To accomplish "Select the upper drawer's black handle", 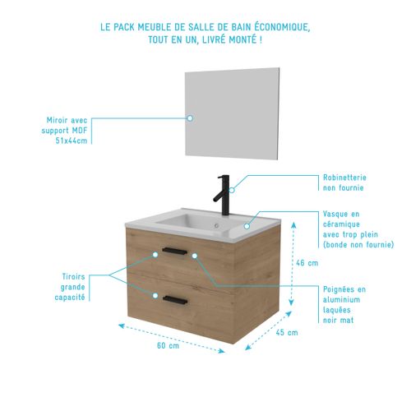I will (x=177, y=251).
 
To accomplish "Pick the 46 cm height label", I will (x=306, y=263).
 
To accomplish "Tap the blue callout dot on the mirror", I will (x=190, y=118).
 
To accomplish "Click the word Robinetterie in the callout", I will (x=344, y=177).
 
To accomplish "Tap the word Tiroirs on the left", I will (x=74, y=276).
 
